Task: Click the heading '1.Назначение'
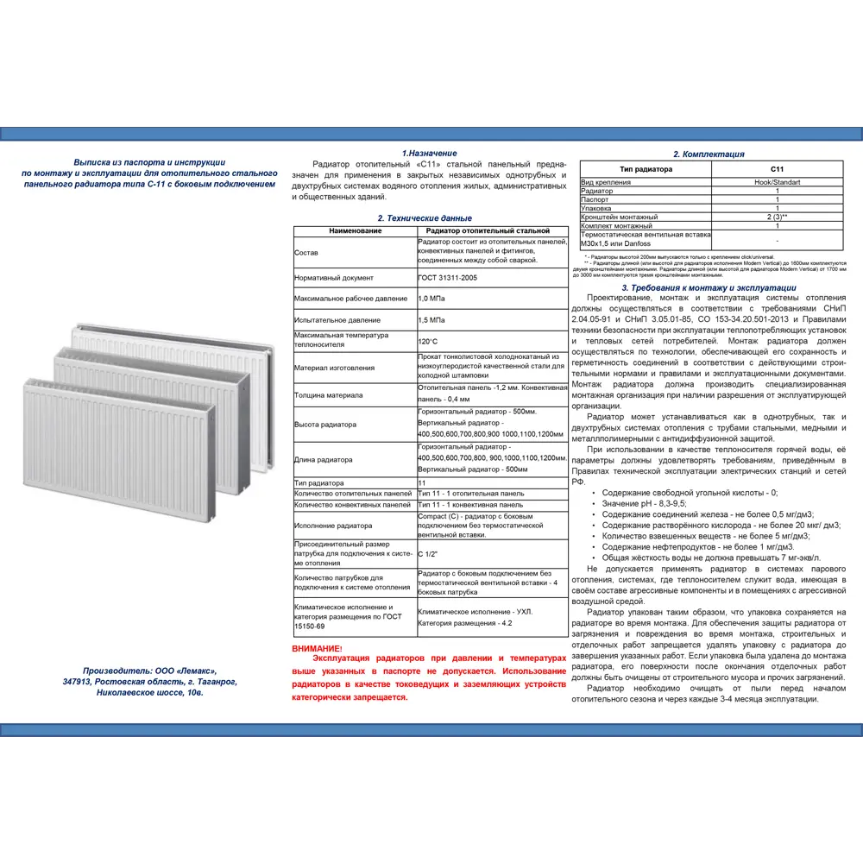pos(429,153)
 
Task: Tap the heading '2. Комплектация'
pos(709,154)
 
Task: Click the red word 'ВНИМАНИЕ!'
pos(317,648)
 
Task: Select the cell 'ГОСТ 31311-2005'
pos(447,278)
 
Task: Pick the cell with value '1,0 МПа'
pos(432,298)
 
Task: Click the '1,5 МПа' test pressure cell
pos(432,319)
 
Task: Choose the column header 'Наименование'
pos(355,231)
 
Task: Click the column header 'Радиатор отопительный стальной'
pos(491,231)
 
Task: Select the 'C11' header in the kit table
pos(777,169)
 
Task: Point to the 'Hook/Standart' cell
pos(777,182)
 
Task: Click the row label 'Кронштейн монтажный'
pos(620,217)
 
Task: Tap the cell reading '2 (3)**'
pos(777,217)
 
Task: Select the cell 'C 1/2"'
pos(427,553)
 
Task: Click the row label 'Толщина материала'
pos(328,394)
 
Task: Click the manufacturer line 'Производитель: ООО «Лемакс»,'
pos(151,671)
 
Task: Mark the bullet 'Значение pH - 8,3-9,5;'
pos(644,503)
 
